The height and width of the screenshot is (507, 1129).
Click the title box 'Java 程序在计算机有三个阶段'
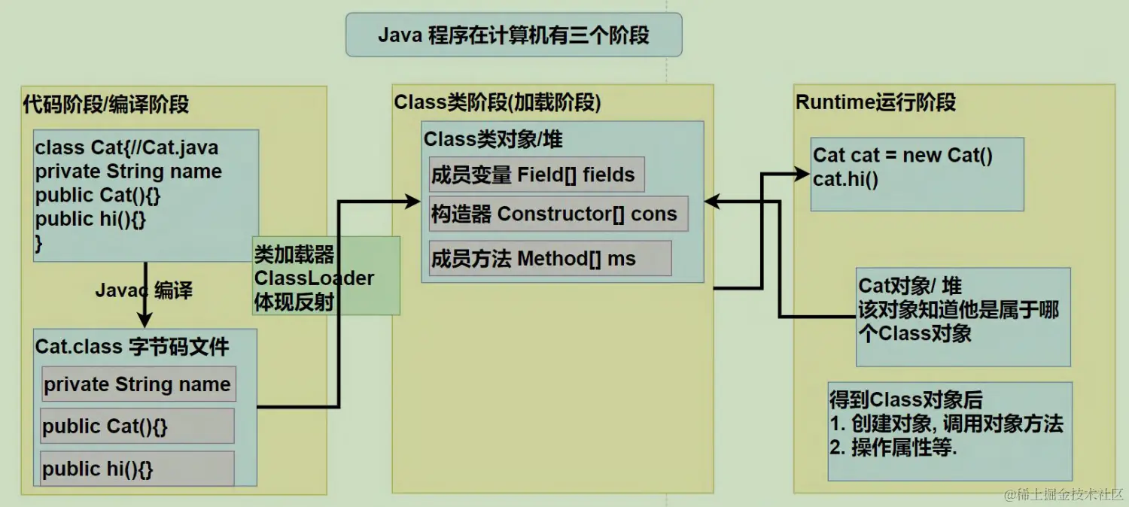click(x=513, y=35)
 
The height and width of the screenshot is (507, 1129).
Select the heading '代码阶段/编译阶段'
click(x=105, y=104)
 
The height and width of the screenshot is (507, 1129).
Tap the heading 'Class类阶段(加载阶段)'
click(x=498, y=103)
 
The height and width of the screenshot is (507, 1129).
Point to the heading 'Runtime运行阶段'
click(x=875, y=102)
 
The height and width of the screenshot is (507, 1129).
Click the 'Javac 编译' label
click(x=144, y=290)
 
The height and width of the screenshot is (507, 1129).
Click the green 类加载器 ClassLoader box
click(x=326, y=277)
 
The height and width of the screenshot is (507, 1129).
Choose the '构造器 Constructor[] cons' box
click(x=557, y=214)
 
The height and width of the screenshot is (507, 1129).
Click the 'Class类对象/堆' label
click(x=493, y=140)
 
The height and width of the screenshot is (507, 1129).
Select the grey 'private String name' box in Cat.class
click(x=138, y=384)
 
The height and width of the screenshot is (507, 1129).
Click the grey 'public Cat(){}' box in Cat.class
click(x=137, y=427)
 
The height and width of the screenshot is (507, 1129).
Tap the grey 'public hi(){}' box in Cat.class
click(x=137, y=469)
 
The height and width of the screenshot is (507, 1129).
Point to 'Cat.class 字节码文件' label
click(x=132, y=347)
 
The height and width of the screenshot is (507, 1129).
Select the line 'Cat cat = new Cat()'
click(x=902, y=156)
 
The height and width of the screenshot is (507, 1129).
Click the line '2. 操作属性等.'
click(x=898, y=447)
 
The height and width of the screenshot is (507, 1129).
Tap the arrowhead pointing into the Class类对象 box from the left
click(x=412, y=201)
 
